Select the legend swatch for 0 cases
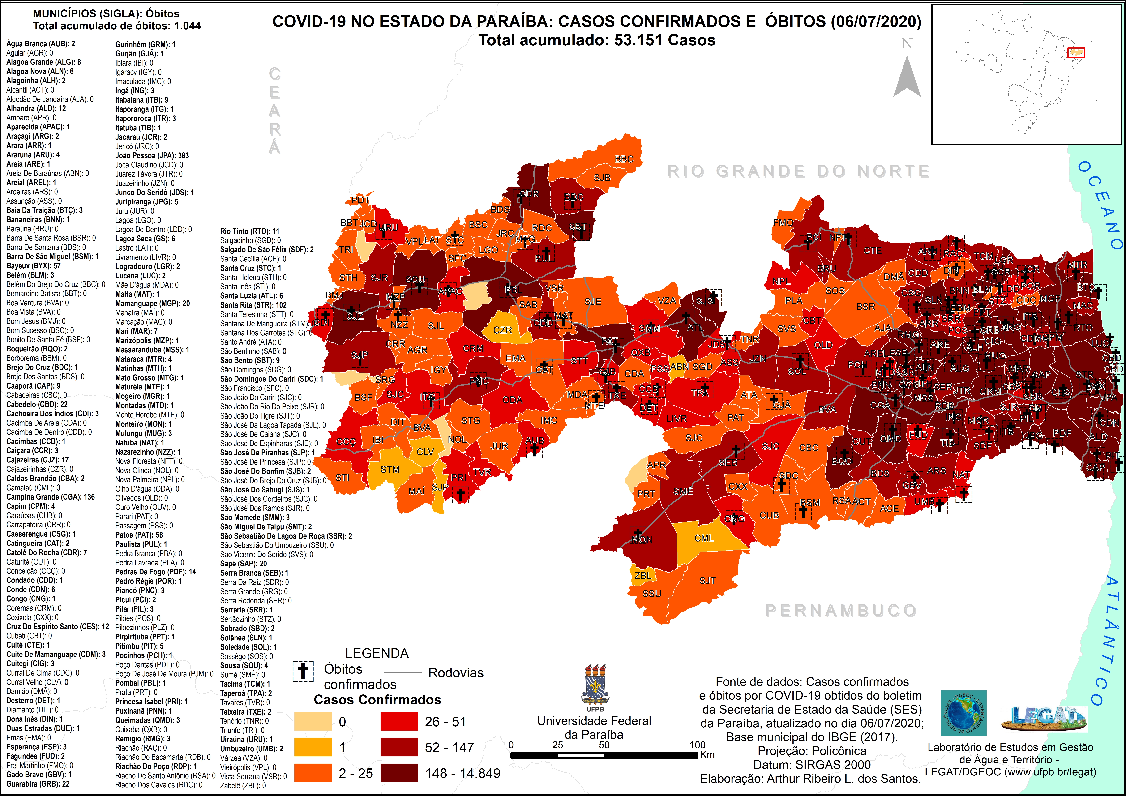tap(312, 721)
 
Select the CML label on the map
tap(704, 538)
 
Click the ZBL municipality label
tap(642, 575)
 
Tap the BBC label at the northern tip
tap(624, 159)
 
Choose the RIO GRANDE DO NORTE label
tap(798, 171)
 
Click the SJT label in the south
tap(707, 581)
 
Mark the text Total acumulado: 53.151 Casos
tap(597, 40)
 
